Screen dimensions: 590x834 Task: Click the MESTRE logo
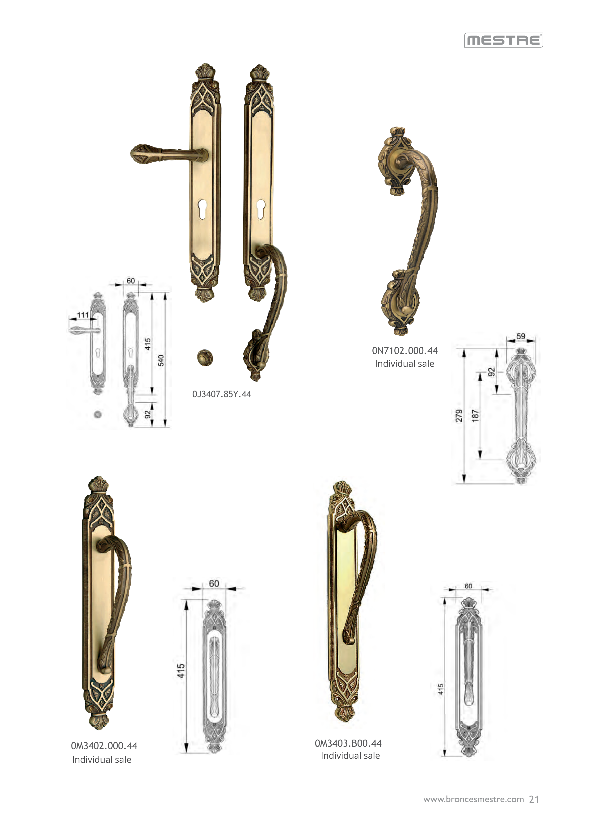(x=504, y=40)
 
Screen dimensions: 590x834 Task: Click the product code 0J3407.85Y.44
(x=222, y=394)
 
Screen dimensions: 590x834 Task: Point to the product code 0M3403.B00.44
(x=348, y=743)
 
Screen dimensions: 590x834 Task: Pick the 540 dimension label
(x=161, y=360)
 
